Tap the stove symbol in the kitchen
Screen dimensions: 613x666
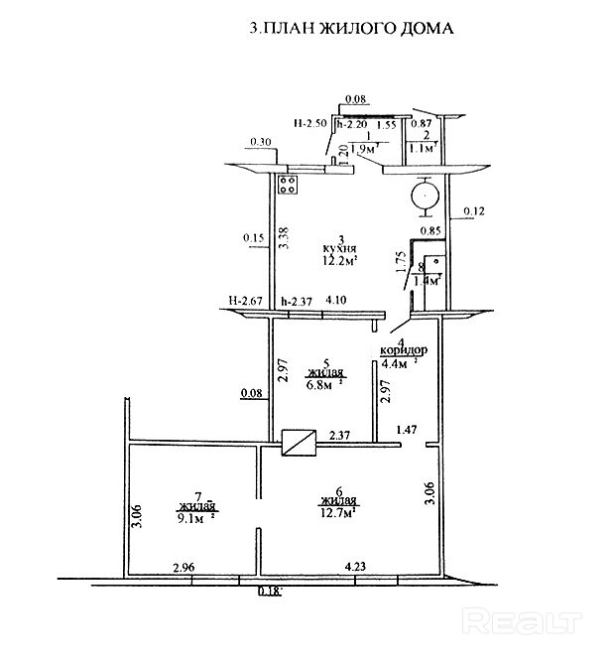click(291, 185)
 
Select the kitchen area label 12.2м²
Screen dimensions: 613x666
click(339, 261)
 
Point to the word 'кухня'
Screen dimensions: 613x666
click(339, 249)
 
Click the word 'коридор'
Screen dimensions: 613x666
click(405, 351)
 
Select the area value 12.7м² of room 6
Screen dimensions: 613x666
click(338, 512)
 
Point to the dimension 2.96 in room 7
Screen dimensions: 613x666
click(183, 568)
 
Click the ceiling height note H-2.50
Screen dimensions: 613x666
click(311, 124)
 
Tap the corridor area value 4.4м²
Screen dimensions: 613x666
click(399, 363)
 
